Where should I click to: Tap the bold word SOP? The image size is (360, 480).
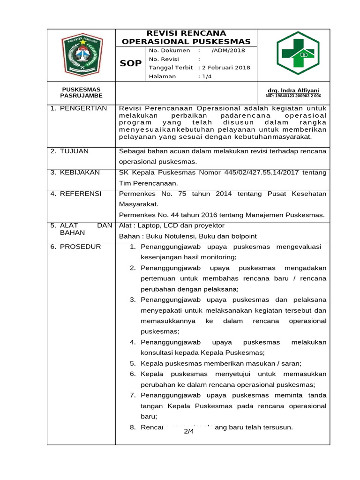131,63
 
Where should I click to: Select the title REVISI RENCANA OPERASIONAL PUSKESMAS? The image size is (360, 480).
186,37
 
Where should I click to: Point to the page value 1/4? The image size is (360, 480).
206,76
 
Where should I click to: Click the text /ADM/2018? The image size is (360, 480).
228,51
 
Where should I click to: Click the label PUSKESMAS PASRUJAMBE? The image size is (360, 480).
82,92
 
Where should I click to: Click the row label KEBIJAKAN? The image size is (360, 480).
80,172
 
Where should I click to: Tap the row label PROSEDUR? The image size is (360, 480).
80,247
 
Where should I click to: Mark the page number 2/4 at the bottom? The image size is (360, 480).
189,431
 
